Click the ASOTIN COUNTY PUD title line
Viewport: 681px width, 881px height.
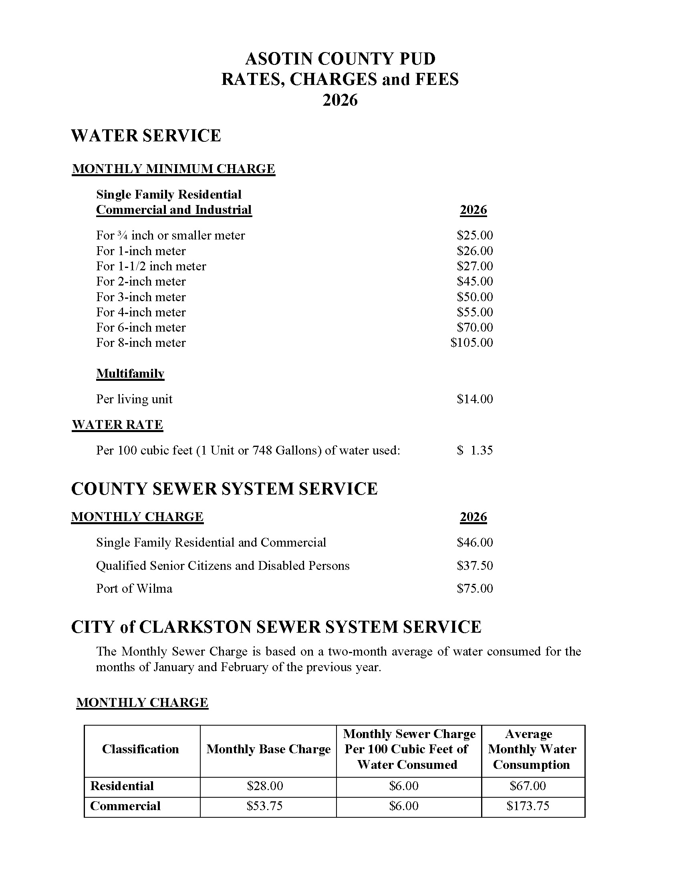340,59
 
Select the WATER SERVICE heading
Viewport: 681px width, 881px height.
146,135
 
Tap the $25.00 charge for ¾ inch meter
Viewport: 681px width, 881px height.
474,235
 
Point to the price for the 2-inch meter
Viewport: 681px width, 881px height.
474,281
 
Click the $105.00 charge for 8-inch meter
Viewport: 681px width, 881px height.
471,342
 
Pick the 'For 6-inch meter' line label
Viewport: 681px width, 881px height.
141,327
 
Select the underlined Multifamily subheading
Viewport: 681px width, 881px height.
130,374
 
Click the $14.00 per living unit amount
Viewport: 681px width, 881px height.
474,399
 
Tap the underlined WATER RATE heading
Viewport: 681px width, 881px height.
117,425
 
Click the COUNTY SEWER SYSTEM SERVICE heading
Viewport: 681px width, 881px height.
224,489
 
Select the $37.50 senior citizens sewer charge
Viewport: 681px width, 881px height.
474,565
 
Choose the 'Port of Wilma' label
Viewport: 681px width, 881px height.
134,589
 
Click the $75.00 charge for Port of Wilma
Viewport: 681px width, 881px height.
474,589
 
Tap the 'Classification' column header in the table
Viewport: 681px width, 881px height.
140,749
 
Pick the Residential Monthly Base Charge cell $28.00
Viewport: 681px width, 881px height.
265,786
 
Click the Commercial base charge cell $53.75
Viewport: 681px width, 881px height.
265,806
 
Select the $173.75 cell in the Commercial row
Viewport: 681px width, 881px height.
528,806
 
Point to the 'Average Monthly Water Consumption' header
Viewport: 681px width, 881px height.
532,749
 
